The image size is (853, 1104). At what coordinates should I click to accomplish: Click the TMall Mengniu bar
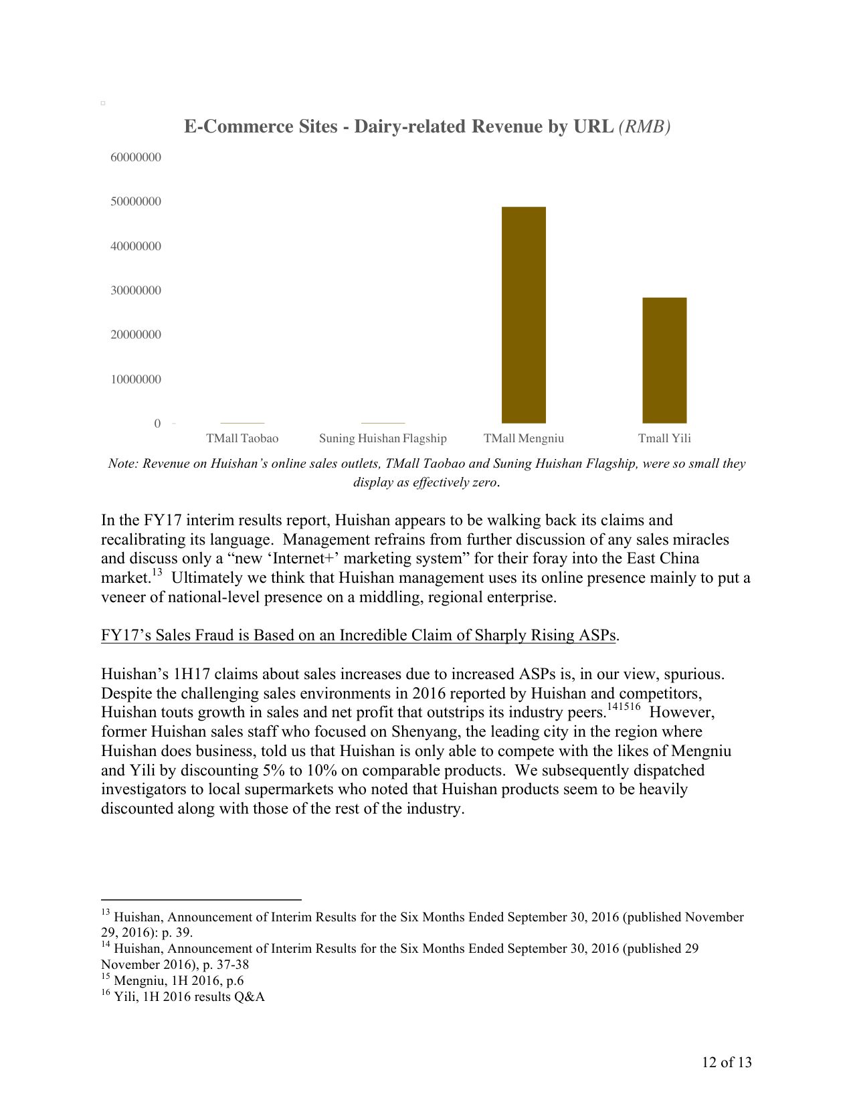524,314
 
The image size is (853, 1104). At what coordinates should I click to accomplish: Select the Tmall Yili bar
664,360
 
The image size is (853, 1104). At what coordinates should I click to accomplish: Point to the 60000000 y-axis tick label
136,157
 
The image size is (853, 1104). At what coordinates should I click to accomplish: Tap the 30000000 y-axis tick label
136,290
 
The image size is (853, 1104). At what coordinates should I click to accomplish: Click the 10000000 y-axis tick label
136,379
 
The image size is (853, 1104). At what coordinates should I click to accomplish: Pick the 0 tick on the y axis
158,424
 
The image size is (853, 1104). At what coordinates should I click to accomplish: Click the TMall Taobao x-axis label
242,438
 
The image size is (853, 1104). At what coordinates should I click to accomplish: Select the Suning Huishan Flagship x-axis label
383,438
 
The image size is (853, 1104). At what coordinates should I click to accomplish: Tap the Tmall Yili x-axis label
664,438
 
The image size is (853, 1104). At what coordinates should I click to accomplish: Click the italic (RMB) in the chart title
645,126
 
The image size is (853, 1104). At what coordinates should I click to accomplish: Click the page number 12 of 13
727,1062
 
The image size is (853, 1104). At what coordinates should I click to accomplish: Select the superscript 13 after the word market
157,573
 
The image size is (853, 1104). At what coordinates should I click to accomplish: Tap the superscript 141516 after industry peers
624,707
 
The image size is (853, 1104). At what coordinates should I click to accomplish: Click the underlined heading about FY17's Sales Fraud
358,635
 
